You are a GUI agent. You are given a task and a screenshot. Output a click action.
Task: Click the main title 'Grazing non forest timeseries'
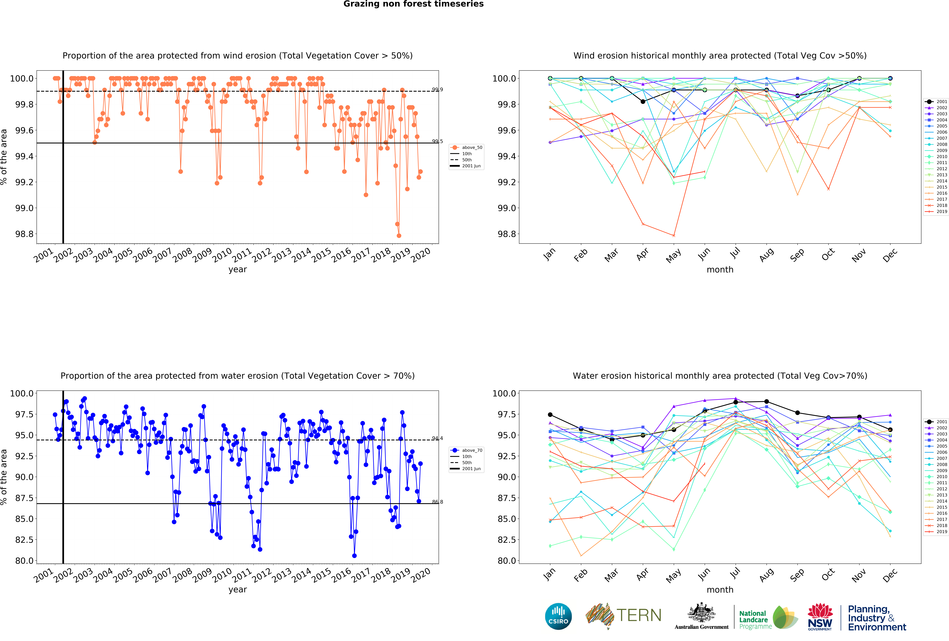pyautogui.click(x=413, y=4)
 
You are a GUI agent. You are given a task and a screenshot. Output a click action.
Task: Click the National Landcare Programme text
pyautogui.click(x=755, y=620)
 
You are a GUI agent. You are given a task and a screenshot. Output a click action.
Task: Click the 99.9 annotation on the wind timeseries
pyautogui.click(x=437, y=89)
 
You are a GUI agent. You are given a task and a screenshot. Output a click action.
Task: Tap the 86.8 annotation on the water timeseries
pyautogui.click(x=437, y=502)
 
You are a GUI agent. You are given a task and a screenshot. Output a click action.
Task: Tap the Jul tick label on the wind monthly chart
pyautogui.click(x=735, y=254)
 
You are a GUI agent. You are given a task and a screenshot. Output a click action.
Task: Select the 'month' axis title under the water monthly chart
pyautogui.click(x=720, y=590)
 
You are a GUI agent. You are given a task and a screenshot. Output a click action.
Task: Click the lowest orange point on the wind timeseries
pyautogui.click(x=399, y=236)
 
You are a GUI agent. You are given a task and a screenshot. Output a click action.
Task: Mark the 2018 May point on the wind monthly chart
pyautogui.click(x=674, y=236)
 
